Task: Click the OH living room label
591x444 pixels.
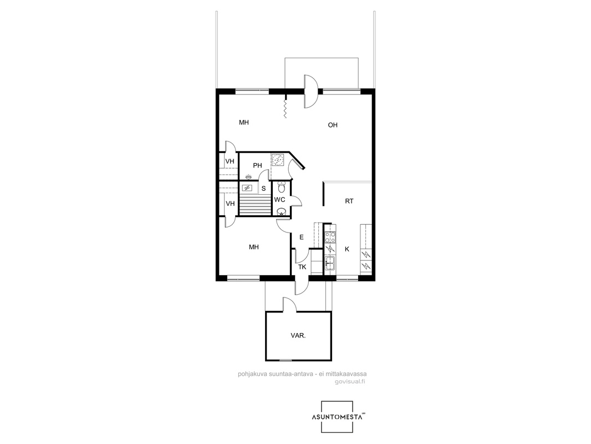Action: pyautogui.click(x=333, y=125)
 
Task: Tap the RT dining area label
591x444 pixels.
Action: pyautogui.click(x=349, y=201)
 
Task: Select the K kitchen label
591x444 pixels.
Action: pyautogui.click(x=347, y=249)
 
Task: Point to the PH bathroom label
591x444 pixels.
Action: pyautogui.click(x=257, y=165)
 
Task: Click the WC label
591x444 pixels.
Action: pyautogui.click(x=279, y=200)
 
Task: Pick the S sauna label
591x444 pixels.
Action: pyautogui.click(x=263, y=188)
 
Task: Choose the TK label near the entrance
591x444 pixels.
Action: pyautogui.click(x=302, y=267)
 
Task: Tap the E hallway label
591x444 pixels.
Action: pyautogui.click(x=302, y=238)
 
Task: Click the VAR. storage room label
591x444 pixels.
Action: pyautogui.click(x=298, y=335)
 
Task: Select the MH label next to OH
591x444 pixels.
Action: pyautogui.click(x=244, y=122)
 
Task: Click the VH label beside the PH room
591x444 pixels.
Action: pyautogui.click(x=230, y=162)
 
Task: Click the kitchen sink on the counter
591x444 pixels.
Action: pyautogui.click(x=330, y=263)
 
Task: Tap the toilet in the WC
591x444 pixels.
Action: pyautogui.click(x=281, y=186)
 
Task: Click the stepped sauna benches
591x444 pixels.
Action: pyautogui.click(x=255, y=205)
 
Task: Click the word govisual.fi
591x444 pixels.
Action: pyautogui.click(x=350, y=381)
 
